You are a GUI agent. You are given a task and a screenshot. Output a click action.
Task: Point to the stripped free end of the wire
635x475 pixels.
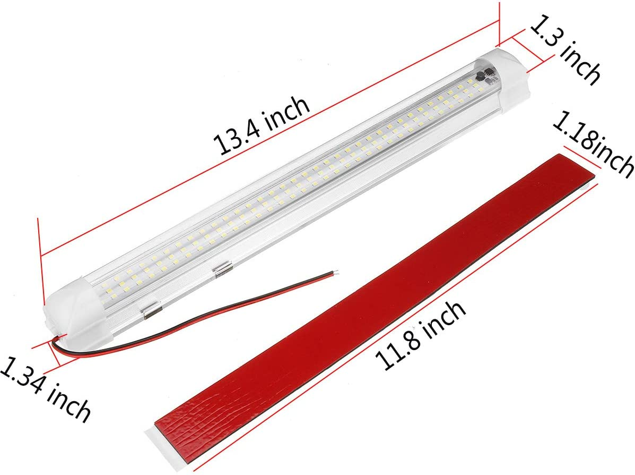click(x=332, y=273)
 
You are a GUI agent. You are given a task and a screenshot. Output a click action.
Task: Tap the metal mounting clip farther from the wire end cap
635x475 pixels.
click(x=220, y=269)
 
